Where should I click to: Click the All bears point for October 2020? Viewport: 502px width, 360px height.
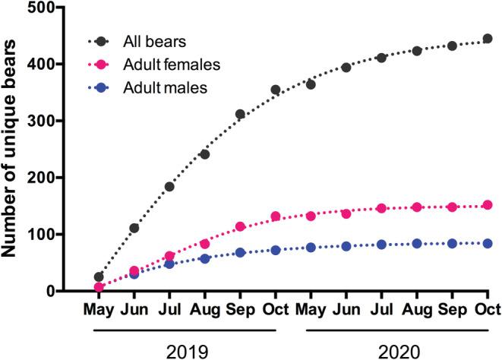pos(488,39)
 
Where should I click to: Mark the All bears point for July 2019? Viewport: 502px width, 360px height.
pos(169,187)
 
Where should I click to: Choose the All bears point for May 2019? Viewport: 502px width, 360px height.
pos(99,277)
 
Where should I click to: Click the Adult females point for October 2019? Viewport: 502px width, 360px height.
pos(276,216)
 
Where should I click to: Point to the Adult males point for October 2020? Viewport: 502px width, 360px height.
pos(488,244)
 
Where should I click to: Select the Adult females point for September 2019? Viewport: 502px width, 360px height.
pos(240,226)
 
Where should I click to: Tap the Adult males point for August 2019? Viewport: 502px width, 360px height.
pos(205,259)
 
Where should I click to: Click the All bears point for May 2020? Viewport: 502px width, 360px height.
pos(311,84)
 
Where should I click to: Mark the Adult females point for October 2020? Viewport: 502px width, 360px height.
pos(488,205)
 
